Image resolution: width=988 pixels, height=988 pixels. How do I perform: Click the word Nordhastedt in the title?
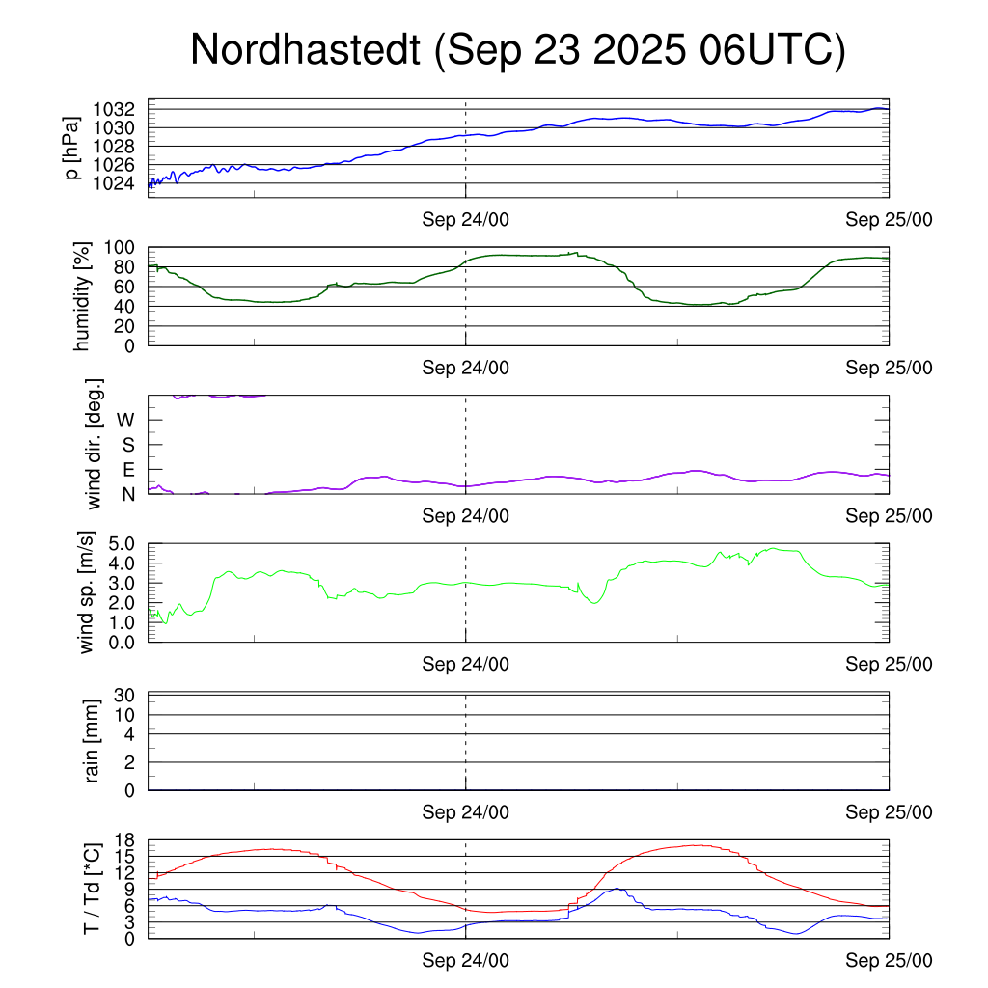(306, 50)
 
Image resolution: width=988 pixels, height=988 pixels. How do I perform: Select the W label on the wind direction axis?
(126, 420)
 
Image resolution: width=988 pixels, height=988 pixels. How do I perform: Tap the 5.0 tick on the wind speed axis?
(126, 543)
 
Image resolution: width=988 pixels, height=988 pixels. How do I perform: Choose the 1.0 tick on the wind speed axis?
(126, 622)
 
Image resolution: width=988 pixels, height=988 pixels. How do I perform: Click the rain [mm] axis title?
(93, 741)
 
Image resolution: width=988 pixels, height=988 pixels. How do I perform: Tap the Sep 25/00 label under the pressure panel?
(889, 220)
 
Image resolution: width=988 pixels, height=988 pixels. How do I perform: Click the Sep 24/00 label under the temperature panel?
(465, 961)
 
